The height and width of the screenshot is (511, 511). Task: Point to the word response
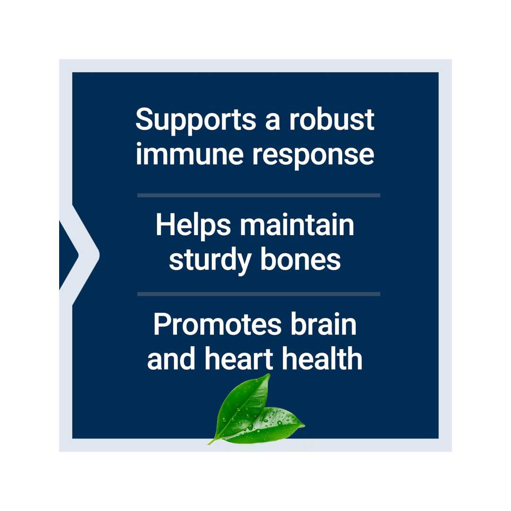tap(313, 157)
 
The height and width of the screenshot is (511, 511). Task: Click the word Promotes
tap(217, 324)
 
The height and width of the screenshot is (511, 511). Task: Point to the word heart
tap(238, 359)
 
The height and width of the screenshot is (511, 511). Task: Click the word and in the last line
tap(171, 359)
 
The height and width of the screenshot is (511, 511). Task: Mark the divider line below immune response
tap(259, 195)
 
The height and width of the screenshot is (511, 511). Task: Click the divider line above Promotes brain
tap(259, 294)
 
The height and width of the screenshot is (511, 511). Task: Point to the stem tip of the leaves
tap(209, 443)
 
